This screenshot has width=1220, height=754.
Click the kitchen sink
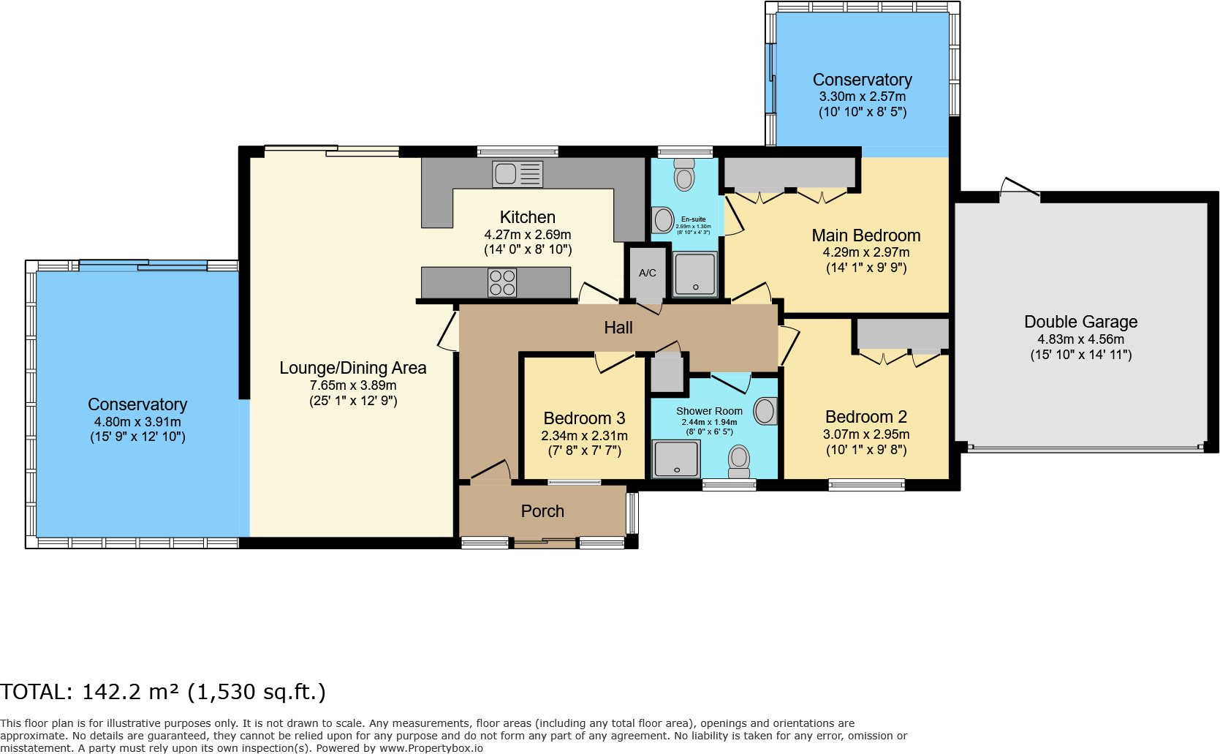coord(517,174)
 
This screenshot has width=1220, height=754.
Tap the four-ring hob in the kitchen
coord(502,282)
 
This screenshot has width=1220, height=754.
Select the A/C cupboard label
coord(648,274)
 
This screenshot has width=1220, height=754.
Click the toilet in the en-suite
coord(684,175)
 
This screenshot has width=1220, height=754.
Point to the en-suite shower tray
coord(694,274)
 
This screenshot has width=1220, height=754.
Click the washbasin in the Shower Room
coord(765,411)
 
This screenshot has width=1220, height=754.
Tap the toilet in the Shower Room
coord(739,461)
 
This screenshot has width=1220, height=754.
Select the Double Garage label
coord(1080,322)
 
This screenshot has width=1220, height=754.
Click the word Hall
coord(618,328)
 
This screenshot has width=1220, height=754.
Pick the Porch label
coord(542,511)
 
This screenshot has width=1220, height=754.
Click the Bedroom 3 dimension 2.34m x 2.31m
coord(584,436)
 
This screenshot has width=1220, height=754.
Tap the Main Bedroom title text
coord(866,235)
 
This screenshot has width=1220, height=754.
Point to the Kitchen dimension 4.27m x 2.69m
coord(528,235)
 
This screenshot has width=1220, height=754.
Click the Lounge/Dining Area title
coord(353,368)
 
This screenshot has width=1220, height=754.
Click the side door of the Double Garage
coord(1019,188)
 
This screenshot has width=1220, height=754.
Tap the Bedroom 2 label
coord(866,417)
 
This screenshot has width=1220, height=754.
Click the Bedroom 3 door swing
coord(614,362)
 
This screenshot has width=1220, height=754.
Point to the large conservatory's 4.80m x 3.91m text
coord(137,422)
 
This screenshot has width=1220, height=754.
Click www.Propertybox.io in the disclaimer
coord(431,748)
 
